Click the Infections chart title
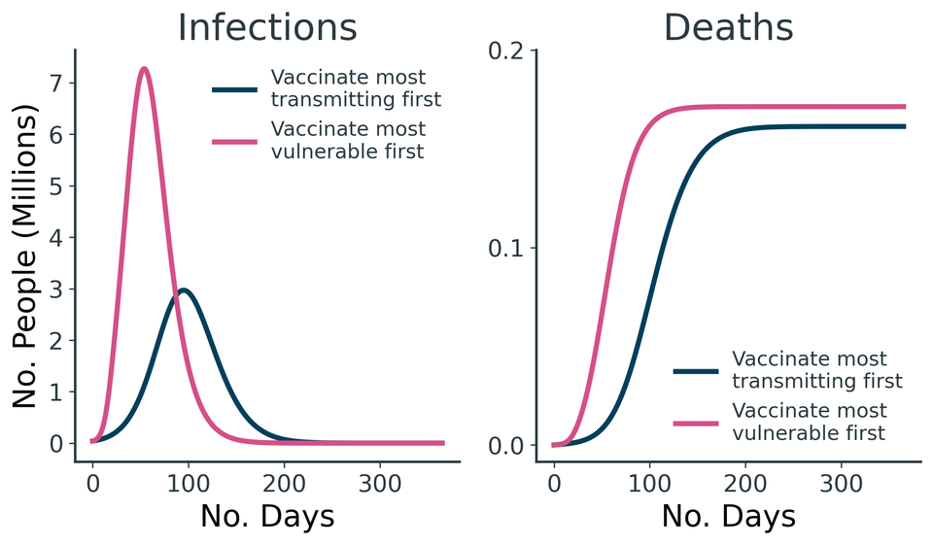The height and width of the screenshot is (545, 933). (267, 27)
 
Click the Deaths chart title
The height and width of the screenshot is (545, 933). (728, 27)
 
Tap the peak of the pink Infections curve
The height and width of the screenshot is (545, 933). (144, 69)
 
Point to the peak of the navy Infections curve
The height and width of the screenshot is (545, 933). (183, 290)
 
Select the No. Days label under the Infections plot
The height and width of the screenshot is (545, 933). (267, 516)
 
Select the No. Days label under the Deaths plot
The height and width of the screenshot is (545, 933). (728, 516)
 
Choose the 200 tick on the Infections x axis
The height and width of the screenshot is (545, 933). (283, 483)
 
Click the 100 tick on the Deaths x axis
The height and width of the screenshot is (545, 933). (649, 483)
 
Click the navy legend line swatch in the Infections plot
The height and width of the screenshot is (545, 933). (234, 89)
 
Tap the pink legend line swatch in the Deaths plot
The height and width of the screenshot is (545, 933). (695, 422)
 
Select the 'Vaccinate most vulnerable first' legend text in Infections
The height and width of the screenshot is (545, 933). (348, 140)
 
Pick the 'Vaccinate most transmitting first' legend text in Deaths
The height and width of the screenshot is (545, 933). (816, 370)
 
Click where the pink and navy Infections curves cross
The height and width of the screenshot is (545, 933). (175, 293)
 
